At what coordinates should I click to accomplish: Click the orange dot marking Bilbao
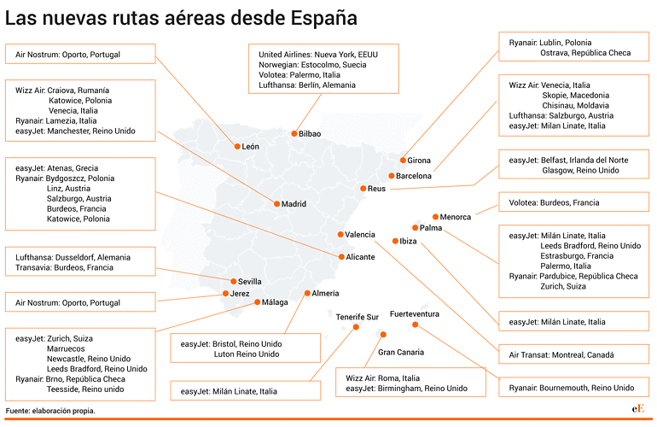tap(294, 133)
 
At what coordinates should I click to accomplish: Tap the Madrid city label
tap(294, 204)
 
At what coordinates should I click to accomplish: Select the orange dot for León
tap(237, 146)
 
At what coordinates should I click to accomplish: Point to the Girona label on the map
tap(419, 161)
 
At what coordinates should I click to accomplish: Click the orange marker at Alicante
tap(341, 257)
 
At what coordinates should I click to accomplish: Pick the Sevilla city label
tap(249, 282)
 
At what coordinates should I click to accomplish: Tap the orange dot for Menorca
tap(435, 216)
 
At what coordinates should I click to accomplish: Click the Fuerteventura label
tap(415, 313)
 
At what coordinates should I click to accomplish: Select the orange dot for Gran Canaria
tap(383, 334)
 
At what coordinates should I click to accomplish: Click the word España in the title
tap(324, 18)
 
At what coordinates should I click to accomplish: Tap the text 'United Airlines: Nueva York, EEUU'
tap(318, 55)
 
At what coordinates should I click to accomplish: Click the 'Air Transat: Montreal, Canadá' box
tap(573, 354)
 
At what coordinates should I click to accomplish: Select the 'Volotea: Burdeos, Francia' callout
tap(573, 202)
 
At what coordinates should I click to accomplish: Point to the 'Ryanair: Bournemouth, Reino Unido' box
tap(573, 387)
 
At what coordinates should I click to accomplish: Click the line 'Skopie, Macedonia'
tap(575, 95)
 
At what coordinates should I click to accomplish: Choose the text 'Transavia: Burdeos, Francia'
tap(64, 267)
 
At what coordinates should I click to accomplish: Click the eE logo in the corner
tap(637, 409)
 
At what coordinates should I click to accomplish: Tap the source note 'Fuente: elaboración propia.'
tap(50, 411)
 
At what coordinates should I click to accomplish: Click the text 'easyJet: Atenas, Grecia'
tap(56, 167)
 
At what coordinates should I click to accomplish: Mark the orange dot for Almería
tap(307, 293)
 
